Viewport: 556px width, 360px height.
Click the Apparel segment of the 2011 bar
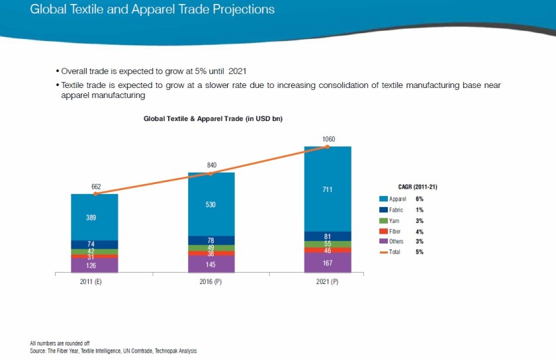coord(95,217)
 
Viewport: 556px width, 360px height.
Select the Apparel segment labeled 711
coord(327,189)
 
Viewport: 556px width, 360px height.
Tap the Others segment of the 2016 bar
coord(211,264)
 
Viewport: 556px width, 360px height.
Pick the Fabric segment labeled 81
coord(327,236)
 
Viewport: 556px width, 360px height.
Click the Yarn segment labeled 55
coord(327,244)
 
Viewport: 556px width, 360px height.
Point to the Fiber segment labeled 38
coord(211,253)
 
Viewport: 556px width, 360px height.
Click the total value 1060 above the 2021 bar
coord(328,139)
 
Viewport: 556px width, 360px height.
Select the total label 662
coord(95,186)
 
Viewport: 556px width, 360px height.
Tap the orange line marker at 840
coord(211,173)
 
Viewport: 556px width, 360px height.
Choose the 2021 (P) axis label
coord(328,281)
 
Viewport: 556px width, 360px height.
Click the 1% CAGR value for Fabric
coord(419,210)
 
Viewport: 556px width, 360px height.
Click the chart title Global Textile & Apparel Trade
coord(213,118)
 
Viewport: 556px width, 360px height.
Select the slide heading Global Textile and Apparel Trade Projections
coord(152,10)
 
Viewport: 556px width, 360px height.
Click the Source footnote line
coord(113,351)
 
